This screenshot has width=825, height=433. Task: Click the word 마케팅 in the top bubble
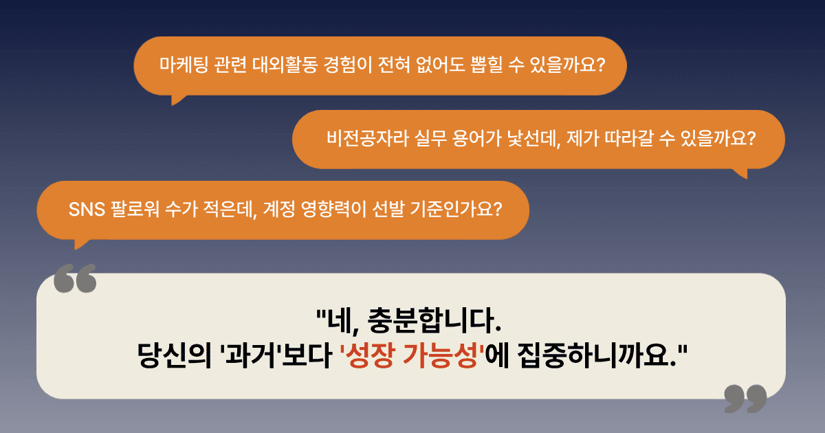tap(184, 65)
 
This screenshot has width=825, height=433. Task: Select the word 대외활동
tap(285, 65)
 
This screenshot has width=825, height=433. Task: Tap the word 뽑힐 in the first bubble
tap(486, 65)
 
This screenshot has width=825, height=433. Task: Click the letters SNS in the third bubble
tap(87, 210)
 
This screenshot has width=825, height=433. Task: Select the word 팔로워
tap(135, 210)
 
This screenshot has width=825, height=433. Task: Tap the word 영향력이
tap(333, 210)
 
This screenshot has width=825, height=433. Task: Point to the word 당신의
tap(174, 356)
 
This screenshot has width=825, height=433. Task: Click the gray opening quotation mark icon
tap(75, 278)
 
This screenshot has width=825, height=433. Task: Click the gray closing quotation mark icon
tap(745, 399)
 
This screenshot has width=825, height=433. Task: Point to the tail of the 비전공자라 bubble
tap(742, 173)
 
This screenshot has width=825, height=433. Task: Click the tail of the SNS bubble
tap(80, 244)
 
